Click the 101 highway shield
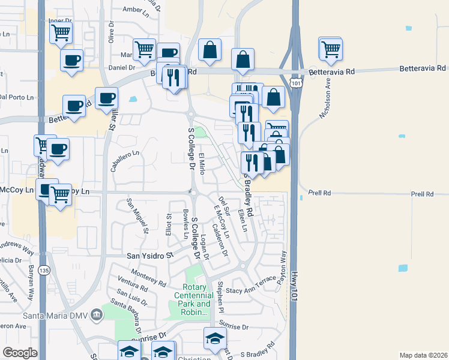[x=293, y=80]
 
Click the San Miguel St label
[x=137, y=214]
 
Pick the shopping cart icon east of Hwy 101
[x=331, y=50]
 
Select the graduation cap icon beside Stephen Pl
[x=215, y=340]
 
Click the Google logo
[x=20, y=353]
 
